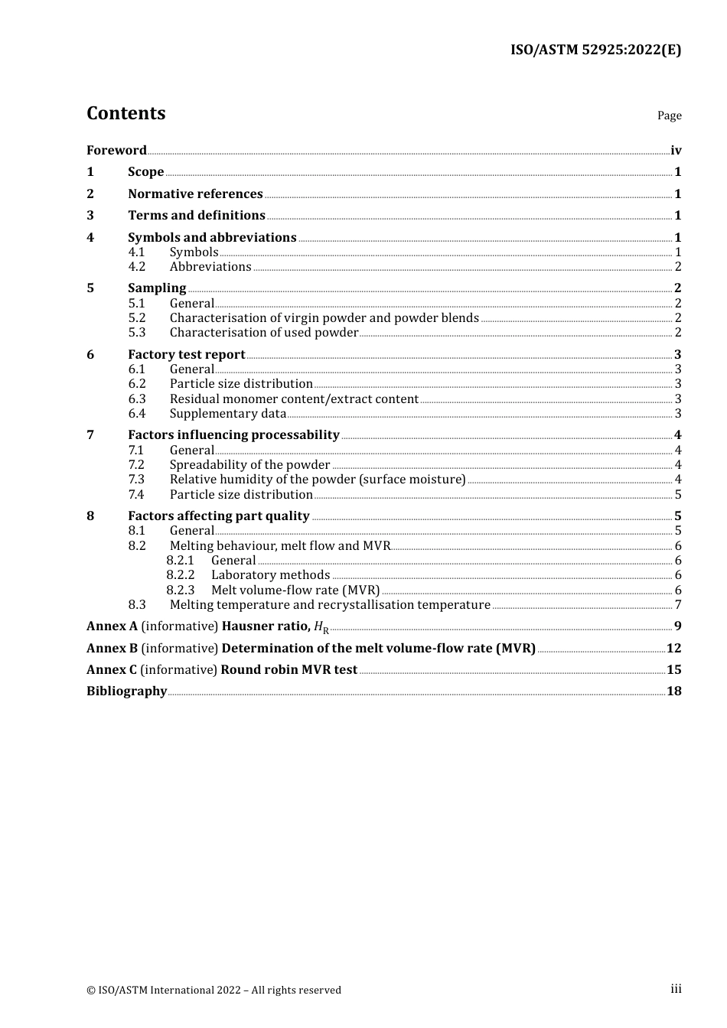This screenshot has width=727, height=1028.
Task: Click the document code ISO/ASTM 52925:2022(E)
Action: (595, 50)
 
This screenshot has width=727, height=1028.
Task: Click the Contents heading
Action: (126, 113)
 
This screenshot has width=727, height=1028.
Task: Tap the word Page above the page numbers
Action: (669, 115)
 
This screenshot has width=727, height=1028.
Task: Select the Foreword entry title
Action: (116, 151)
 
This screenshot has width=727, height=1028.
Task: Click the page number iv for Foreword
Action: (676, 151)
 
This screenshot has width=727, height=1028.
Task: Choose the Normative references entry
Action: (195, 194)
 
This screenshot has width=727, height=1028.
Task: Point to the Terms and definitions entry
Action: (197, 216)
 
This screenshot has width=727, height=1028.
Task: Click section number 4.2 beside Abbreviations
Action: (137, 267)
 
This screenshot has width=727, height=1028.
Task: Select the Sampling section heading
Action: (157, 288)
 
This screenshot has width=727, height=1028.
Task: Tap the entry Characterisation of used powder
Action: (264, 333)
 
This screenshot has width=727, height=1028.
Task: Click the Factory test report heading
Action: (187, 355)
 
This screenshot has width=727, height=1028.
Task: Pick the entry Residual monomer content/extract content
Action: (294, 399)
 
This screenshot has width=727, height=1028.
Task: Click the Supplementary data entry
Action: (228, 414)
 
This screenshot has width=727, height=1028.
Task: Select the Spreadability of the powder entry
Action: (249, 465)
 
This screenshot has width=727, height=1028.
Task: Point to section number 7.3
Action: (137, 480)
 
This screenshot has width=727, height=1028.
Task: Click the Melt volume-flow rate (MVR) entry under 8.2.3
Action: (295, 590)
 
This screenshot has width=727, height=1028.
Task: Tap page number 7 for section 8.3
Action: (678, 605)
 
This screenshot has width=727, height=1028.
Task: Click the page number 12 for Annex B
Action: (674, 649)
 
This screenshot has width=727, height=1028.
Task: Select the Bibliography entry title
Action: (126, 691)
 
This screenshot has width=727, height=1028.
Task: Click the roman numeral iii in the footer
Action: (676, 989)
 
